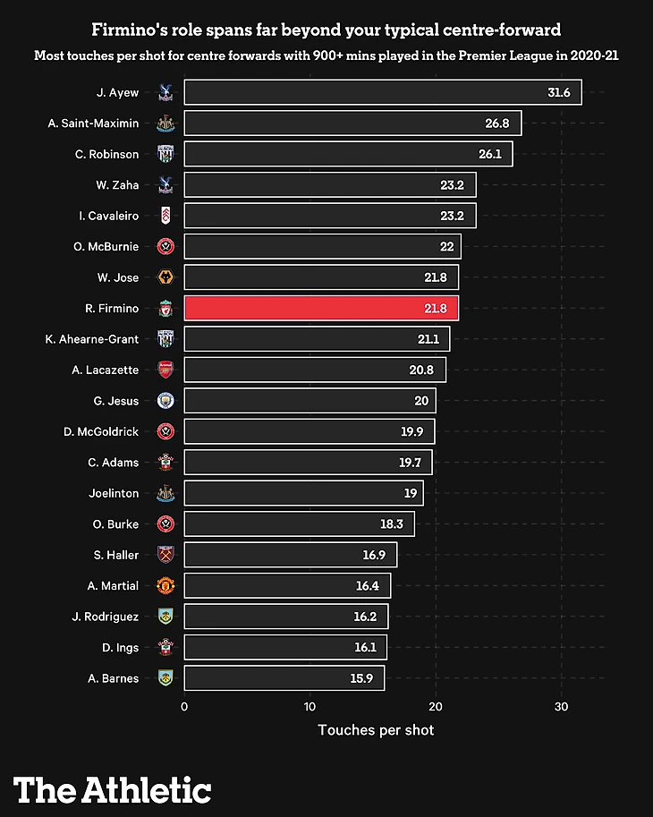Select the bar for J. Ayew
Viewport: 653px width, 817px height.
click(x=383, y=93)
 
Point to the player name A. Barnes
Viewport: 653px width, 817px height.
click(x=114, y=678)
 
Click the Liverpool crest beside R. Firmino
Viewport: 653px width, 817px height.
click(x=165, y=309)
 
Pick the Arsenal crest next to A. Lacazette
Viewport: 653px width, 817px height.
click(x=165, y=370)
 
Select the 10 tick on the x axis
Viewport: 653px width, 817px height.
click(x=310, y=706)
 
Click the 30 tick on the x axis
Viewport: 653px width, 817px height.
click(x=562, y=706)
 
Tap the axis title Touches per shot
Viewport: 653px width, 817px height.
click(x=376, y=730)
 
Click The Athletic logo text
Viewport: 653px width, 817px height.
click(x=112, y=789)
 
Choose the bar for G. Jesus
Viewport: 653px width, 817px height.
click(x=310, y=401)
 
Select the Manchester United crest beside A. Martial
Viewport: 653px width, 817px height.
click(x=165, y=585)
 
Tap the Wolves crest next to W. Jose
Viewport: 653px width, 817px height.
click(x=165, y=277)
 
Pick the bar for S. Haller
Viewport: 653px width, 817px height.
click(x=290, y=555)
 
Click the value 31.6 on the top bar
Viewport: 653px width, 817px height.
click(x=559, y=93)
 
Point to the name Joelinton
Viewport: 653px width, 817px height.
click(x=114, y=493)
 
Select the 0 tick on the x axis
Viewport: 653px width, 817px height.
click(x=184, y=706)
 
